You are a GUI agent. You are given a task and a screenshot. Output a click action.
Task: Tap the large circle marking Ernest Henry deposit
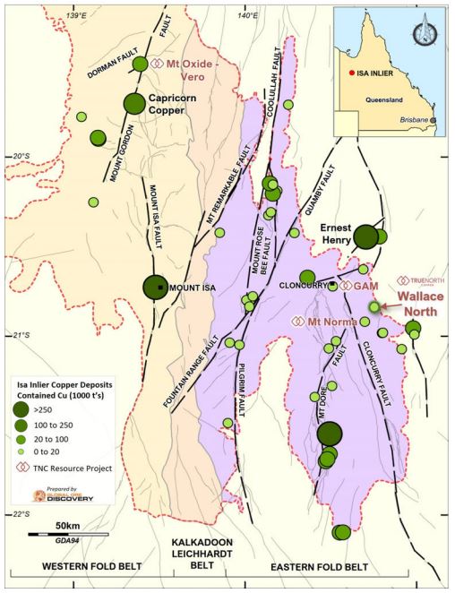(x=365, y=236)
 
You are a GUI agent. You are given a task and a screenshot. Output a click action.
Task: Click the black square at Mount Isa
(x=160, y=287)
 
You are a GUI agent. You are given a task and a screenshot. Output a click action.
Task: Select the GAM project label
(x=367, y=285)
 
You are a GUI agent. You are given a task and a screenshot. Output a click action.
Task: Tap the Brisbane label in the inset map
(x=413, y=119)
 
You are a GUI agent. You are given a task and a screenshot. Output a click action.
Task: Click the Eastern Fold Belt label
(x=318, y=568)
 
